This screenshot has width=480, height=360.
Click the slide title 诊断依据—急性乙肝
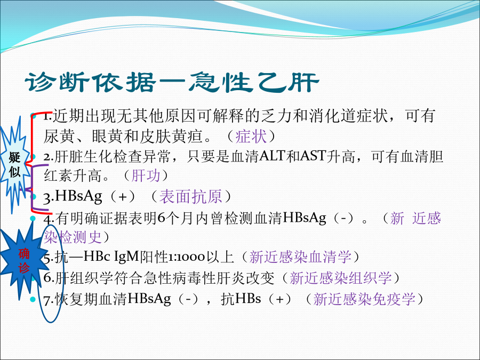pyautogui.click(x=172, y=83)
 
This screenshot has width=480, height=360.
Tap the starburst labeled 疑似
pyautogui.click(x=14, y=165)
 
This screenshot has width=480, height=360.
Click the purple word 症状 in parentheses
pyautogui.click(x=251, y=136)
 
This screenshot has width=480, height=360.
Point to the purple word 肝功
pyautogui.click(x=146, y=175)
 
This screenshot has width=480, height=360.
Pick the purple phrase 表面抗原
pyautogui.click(x=190, y=196)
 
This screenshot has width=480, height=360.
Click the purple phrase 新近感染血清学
pyautogui.click(x=300, y=257)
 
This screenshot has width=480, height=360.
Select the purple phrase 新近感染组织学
pyautogui.click(x=340, y=278)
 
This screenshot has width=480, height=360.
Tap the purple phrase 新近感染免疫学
pyautogui.click(x=364, y=299)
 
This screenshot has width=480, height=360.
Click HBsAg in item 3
pyautogui.click(x=79, y=196)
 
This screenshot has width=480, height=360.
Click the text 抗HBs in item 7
pyautogui.click(x=241, y=299)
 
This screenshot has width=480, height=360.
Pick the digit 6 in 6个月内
pyautogui.click(x=161, y=218)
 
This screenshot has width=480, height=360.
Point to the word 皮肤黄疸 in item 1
pyautogui.click(x=171, y=136)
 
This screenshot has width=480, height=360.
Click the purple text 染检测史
pyautogui.click(x=73, y=237)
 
